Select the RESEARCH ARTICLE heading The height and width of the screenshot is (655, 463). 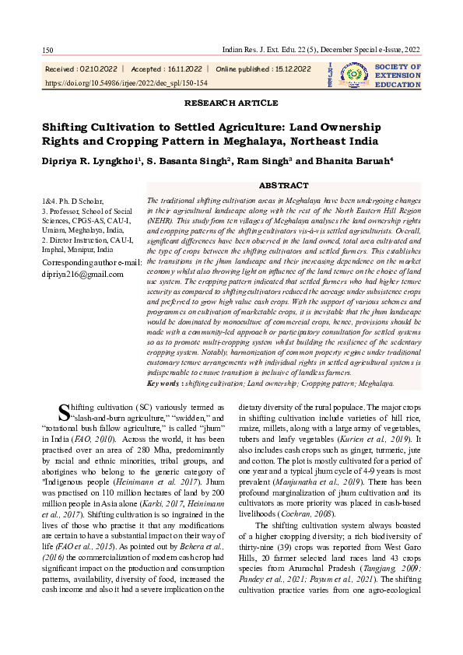[231, 103]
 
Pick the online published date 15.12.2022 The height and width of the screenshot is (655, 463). [289, 68]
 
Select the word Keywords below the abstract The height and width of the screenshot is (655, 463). [164, 384]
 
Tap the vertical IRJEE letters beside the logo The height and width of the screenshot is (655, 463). [331, 75]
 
